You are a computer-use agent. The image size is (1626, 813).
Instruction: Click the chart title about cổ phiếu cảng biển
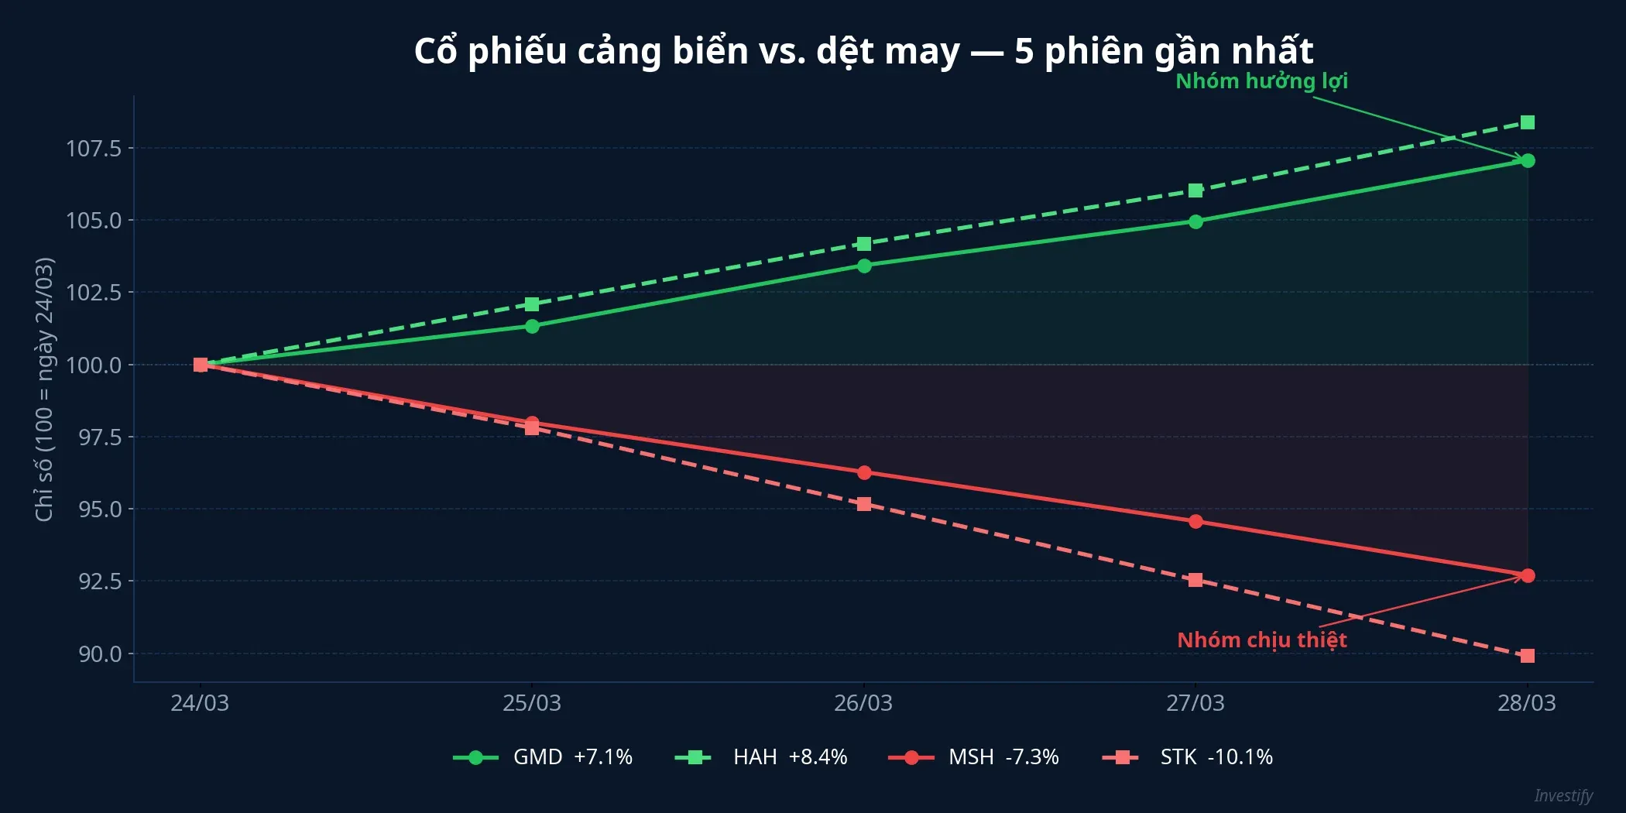pyautogui.click(x=863, y=51)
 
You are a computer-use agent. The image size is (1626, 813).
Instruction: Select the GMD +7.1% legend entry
pyautogui.click(x=543, y=756)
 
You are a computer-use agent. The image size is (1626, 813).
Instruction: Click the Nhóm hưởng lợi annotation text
pyautogui.click(x=1261, y=81)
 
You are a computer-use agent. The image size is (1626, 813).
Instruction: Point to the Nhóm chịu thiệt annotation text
pyautogui.click(x=1261, y=640)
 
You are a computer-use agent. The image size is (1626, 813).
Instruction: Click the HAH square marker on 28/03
pyautogui.click(x=1527, y=122)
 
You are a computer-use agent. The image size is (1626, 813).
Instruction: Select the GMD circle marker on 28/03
pyautogui.click(x=1527, y=161)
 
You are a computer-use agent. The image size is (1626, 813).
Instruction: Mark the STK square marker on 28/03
pyautogui.click(x=1527, y=656)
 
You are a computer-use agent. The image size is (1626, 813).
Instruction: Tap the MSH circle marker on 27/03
pyautogui.click(x=1195, y=522)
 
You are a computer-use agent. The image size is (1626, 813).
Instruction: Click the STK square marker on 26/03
pyautogui.click(x=864, y=504)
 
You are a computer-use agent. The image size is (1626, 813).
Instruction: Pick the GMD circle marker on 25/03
pyautogui.click(x=532, y=326)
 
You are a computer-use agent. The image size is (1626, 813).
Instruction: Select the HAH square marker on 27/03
pyautogui.click(x=1195, y=190)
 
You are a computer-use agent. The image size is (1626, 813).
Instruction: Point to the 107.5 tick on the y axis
pyautogui.click(x=94, y=148)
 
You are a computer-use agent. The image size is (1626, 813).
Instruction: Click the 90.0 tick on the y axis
pyautogui.click(x=100, y=654)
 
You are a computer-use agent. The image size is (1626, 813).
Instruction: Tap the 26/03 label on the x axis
pyautogui.click(x=863, y=703)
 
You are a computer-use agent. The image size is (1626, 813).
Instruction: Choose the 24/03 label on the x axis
pyautogui.click(x=200, y=703)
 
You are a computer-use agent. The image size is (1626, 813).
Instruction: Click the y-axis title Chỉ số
pyautogui.click(x=44, y=389)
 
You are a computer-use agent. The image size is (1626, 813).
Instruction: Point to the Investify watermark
pyautogui.click(x=1563, y=796)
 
